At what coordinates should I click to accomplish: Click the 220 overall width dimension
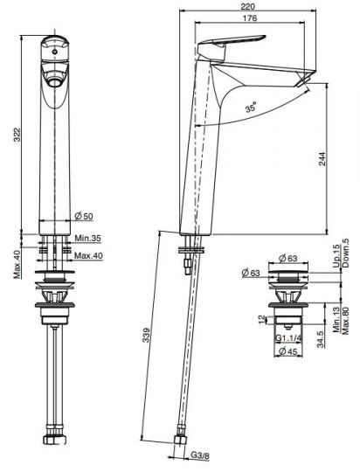coord(248,6)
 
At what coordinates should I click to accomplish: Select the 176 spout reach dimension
coord(250,18)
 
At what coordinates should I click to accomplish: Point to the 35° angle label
coord(251,107)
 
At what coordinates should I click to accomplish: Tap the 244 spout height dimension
coord(322,158)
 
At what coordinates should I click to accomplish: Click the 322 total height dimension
coord(17,135)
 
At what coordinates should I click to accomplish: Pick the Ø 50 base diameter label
coord(84,216)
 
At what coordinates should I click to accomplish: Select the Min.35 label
coord(88,239)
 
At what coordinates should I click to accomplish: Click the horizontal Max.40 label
coord(88,255)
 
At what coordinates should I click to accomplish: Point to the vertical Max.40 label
coord(17,264)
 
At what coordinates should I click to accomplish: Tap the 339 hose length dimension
coord(146,335)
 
